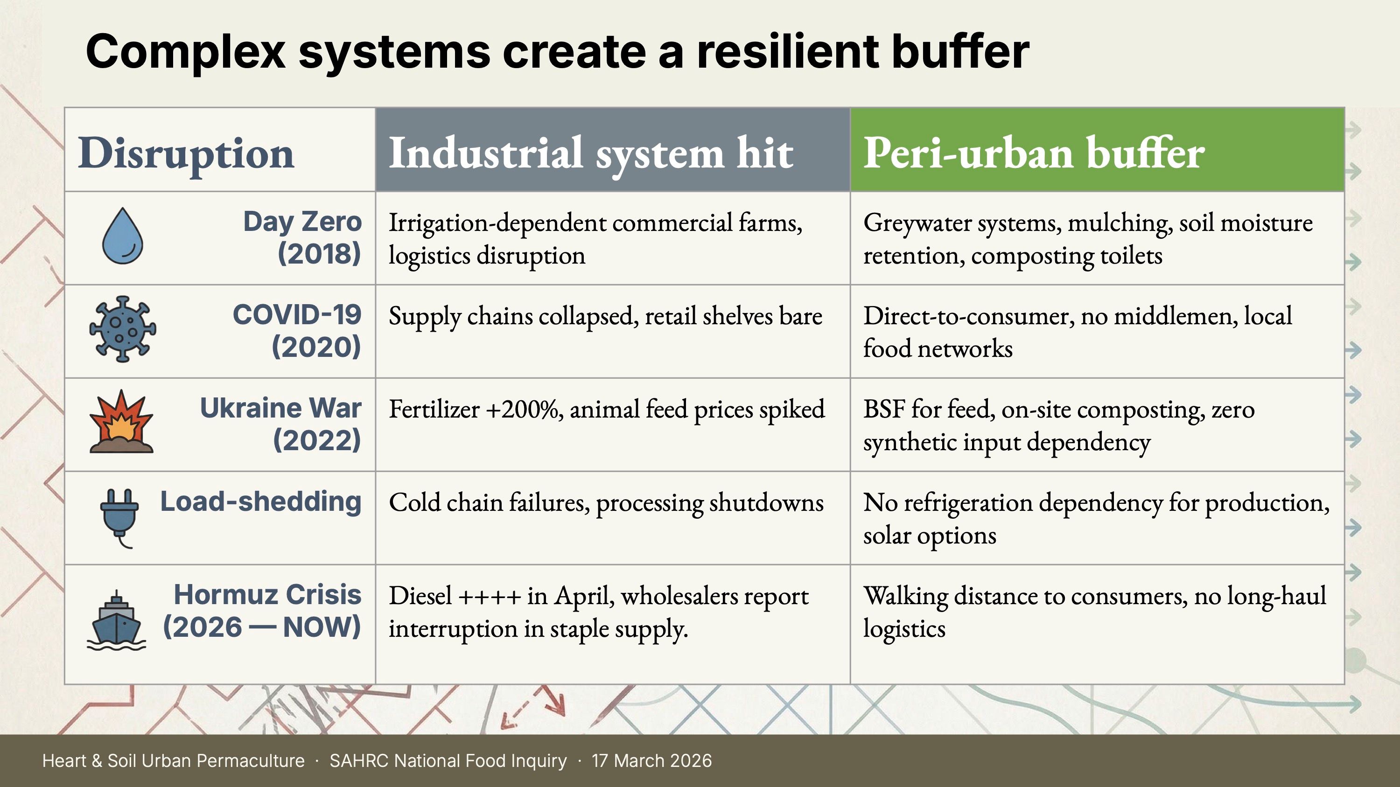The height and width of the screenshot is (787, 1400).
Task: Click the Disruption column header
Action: [186, 153]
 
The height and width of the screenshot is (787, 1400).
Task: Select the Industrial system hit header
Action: [591, 153]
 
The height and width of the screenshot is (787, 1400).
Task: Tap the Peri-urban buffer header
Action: [1034, 153]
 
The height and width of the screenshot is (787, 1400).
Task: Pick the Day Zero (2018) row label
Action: [302, 237]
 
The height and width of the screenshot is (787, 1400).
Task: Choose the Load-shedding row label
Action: [261, 501]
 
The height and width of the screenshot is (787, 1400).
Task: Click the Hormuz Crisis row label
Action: [262, 611]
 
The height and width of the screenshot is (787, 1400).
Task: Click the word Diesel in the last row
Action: [420, 595]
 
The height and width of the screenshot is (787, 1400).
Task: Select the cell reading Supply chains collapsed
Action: [605, 316]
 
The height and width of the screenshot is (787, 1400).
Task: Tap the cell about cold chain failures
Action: [606, 503]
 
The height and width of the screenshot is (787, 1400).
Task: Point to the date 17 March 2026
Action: [651, 760]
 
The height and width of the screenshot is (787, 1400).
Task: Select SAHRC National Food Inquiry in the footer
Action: [448, 760]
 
